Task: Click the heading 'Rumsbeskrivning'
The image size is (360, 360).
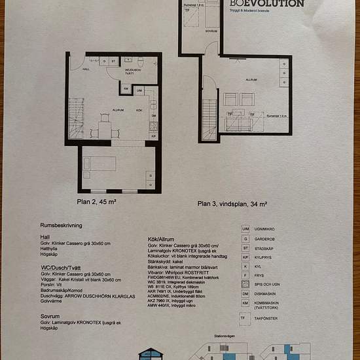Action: pyautogui.click(x=59, y=223)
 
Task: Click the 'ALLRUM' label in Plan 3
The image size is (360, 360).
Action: pyautogui.click(x=251, y=80)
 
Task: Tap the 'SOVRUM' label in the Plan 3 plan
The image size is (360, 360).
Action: pyautogui.click(x=211, y=31)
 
